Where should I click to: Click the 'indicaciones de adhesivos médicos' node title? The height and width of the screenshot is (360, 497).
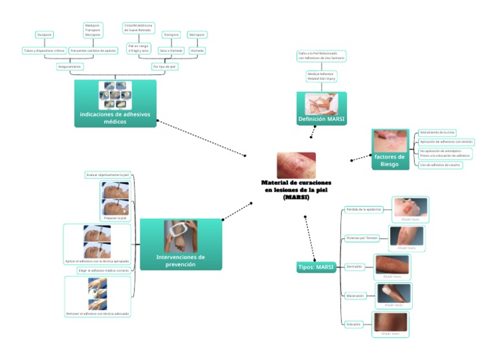(x=115, y=117)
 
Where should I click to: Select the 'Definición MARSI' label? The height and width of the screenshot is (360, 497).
(x=322, y=120)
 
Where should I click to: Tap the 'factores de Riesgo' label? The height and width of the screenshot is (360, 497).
(x=390, y=160)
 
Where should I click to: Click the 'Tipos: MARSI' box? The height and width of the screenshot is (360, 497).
(x=315, y=267)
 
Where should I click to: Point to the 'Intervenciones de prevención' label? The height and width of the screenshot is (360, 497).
(x=181, y=260)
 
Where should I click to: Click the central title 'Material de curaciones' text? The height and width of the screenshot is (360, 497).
(x=296, y=183)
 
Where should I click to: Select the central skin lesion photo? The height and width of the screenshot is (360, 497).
(x=296, y=165)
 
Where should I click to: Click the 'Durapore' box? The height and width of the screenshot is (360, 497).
(x=45, y=35)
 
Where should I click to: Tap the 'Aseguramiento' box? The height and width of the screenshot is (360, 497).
(x=70, y=66)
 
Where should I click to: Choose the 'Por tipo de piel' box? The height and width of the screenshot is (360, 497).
(x=164, y=66)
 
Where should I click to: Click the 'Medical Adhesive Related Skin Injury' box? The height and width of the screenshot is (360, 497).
(x=320, y=76)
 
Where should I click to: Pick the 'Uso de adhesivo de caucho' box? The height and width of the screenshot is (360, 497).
(x=439, y=165)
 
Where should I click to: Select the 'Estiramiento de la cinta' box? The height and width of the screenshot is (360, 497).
(x=438, y=132)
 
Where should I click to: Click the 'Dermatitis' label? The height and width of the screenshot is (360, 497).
(x=354, y=266)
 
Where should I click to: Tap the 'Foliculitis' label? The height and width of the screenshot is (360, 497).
(x=354, y=324)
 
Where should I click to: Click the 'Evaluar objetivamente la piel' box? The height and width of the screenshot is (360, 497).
(x=108, y=175)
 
